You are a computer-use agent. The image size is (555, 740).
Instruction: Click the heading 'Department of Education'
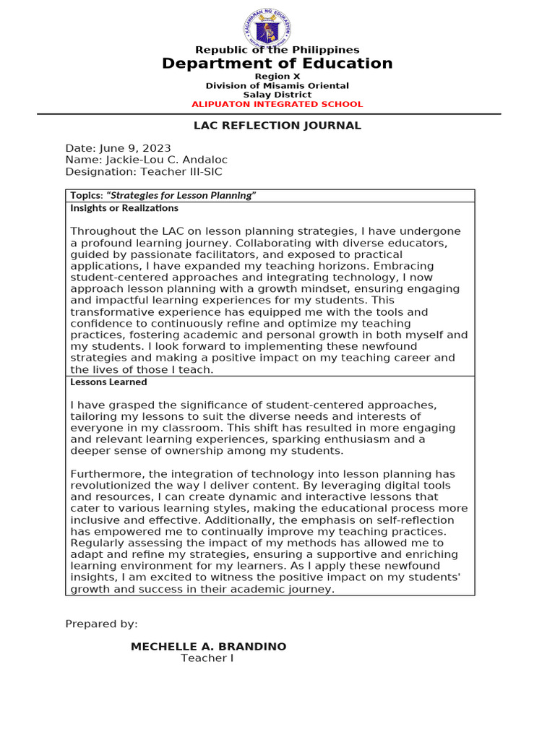tap(277, 64)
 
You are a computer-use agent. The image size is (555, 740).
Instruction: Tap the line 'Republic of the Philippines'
tap(277, 50)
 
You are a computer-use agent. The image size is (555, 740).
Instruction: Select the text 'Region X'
tap(277, 76)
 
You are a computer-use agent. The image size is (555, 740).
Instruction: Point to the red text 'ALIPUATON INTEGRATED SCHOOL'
tap(277, 104)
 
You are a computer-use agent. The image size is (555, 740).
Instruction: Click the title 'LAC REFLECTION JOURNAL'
tap(277, 126)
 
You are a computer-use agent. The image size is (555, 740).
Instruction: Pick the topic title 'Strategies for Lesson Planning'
tap(181, 196)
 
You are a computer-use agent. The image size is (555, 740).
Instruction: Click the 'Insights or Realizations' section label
tap(124, 208)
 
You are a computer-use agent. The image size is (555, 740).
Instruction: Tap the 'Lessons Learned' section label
tap(108, 382)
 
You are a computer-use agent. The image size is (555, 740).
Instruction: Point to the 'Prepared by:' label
tap(101, 624)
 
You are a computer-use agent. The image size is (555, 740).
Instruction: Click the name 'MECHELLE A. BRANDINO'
tap(208, 647)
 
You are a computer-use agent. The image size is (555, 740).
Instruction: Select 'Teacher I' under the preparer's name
tap(207, 658)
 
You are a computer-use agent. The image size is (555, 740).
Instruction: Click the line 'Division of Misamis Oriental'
tap(277, 86)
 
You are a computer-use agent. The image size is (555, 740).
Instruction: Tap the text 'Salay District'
tap(277, 95)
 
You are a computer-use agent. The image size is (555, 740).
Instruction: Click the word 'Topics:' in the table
tap(87, 196)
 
